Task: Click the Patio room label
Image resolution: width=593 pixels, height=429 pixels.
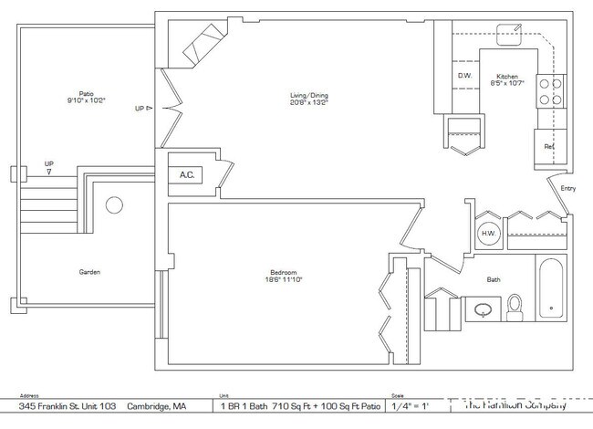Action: tap(86, 92)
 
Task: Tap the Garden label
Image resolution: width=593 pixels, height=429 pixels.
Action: tap(88, 272)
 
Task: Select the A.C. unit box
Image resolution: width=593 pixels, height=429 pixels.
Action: tap(187, 174)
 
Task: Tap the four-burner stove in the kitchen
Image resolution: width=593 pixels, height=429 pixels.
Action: tap(550, 90)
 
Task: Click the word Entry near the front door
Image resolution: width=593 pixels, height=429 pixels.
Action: tap(567, 189)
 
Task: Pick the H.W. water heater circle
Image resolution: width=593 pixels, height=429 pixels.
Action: tap(488, 234)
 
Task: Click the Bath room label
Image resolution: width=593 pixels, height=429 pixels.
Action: tap(494, 280)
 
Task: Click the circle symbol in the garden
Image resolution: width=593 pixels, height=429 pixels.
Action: tap(114, 205)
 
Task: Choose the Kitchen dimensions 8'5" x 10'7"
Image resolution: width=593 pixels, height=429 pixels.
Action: tap(508, 83)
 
